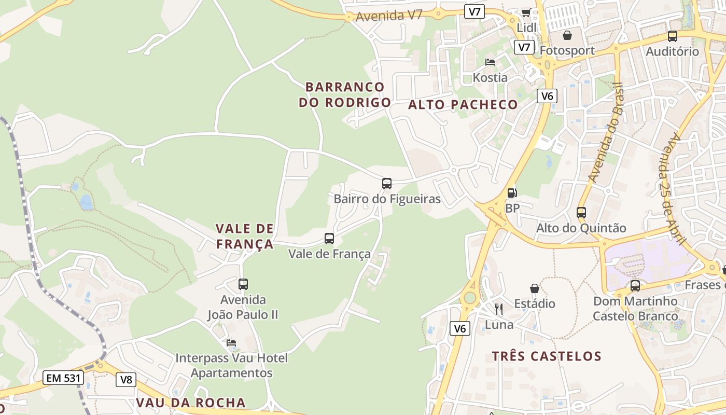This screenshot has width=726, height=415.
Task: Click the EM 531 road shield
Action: (x=63, y=378)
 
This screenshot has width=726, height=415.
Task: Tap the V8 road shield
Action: (x=126, y=380)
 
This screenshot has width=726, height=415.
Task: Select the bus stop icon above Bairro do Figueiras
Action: (x=387, y=183)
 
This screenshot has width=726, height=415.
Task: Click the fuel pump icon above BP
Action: (x=512, y=193)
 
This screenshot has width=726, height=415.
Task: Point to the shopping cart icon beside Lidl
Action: (x=526, y=12)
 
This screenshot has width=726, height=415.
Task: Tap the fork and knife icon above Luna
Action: (x=499, y=309)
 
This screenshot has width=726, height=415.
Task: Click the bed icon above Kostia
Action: (x=490, y=62)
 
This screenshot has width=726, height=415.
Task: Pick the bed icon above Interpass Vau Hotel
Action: (x=231, y=343)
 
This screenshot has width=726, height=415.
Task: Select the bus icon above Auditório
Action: (x=673, y=36)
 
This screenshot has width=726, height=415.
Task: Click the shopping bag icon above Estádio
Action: (x=535, y=288)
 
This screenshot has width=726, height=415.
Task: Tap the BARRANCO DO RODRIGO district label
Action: (x=345, y=94)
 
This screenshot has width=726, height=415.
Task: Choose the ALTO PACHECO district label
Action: (x=463, y=105)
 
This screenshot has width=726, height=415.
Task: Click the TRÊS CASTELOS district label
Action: (x=547, y=356)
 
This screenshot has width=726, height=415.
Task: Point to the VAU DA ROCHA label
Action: (x=191, y=403)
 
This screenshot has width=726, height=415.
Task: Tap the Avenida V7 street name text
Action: (x=389, y=16)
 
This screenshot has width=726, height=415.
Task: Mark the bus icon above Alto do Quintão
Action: (x=581, y=212)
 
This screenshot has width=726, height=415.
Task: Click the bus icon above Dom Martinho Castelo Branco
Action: (x=635, y=286)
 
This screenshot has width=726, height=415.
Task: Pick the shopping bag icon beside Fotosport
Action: (x=567, y=35)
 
